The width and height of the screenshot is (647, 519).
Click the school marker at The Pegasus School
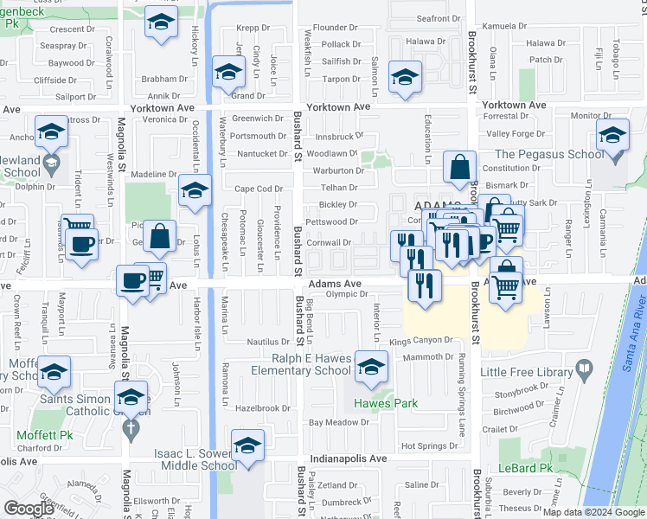click(x=612, y=139)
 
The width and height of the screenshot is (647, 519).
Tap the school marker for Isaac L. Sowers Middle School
click(x=248, y=448)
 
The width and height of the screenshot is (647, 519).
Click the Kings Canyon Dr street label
click(x=421, y=341)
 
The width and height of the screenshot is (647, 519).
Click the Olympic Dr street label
click(x=347, y=295)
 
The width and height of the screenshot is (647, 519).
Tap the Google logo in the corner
click(x=29, y=508)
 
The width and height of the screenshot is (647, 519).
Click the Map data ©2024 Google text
click(x=593, y=512)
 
